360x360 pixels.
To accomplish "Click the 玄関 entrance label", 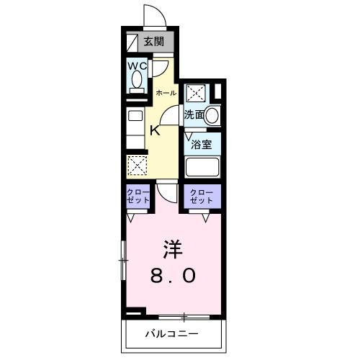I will (153, 42).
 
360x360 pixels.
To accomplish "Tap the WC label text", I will (138, 66).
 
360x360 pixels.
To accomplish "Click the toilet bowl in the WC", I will (137, 81).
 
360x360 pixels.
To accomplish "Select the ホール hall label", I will (166, 93).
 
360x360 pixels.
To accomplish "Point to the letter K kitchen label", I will (155, 130).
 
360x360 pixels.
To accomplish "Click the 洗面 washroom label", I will (193, 114).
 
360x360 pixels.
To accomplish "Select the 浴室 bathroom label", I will (201, 143).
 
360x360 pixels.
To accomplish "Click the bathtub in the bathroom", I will (202, 167).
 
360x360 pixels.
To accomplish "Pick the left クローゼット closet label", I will (137, 197).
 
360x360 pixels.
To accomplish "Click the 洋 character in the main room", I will (171, 249).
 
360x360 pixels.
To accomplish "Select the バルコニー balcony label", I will (171, 334).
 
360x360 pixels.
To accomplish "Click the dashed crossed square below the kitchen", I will (137, 165).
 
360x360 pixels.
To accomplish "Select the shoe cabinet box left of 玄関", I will (130, 41).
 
